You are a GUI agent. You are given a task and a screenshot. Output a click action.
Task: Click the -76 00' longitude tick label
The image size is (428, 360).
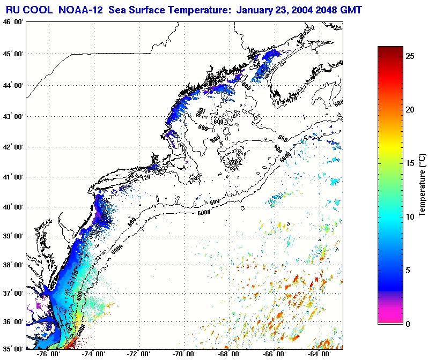pyautogui.click(x=48, y=355)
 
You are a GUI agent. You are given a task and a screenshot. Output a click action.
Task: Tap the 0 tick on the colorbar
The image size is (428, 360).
pyautogui.click(x=409, y=324)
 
